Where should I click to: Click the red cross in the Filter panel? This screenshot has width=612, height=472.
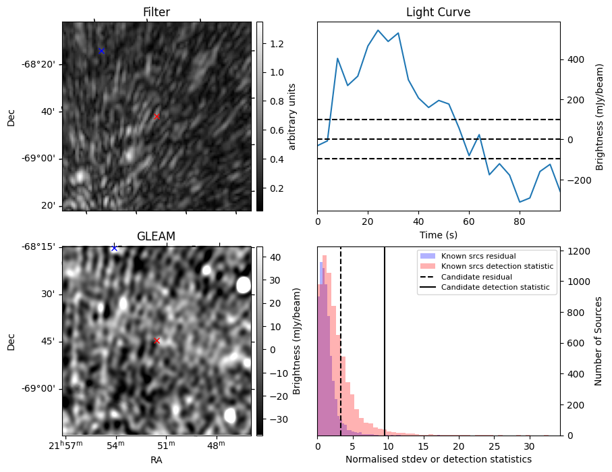pyautogui.click(x=157, y=117)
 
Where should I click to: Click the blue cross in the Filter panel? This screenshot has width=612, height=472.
pyautogui.click(x=101, y=51)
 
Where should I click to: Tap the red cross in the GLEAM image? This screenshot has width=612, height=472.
pyautogui.click(x=157, y=341)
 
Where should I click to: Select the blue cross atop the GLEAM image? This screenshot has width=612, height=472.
pyautogui.click(x=114, y=248)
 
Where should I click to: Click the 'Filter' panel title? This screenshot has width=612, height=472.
pyautogui.click(x=157, y=12)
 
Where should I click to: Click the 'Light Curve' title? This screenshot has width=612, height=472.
pyautogui.click(x=438, y=12)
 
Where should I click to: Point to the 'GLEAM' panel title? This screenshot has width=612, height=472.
pyautogui.click(x=156, y=236)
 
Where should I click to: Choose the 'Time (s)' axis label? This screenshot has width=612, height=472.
pyautogui.click(x=438, y=234)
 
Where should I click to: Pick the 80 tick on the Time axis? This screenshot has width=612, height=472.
pyautogui.click(x=519, y=221)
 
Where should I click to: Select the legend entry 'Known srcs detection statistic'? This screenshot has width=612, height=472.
pyautogui.click(x=497, y=267)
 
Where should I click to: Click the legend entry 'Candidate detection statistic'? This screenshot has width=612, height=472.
pyautogui.click(x=495, y=288)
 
